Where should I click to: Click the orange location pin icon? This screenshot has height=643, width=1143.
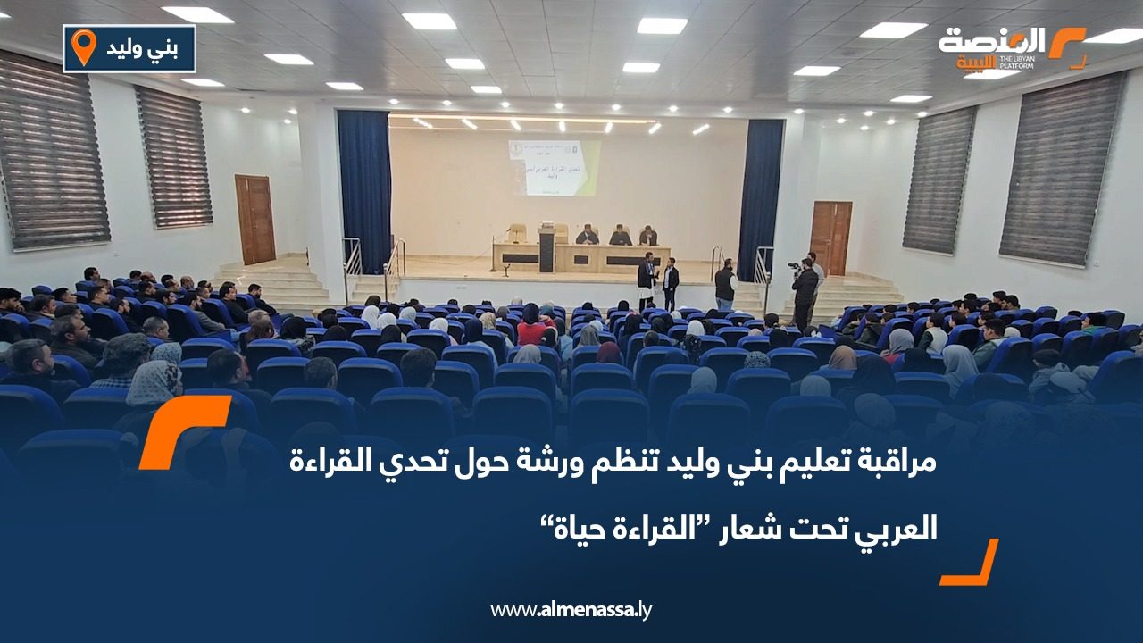pos(84,47)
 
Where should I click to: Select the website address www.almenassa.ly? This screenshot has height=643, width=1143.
pos(571,610)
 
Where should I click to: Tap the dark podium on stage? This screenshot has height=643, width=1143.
pos(546,247)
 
